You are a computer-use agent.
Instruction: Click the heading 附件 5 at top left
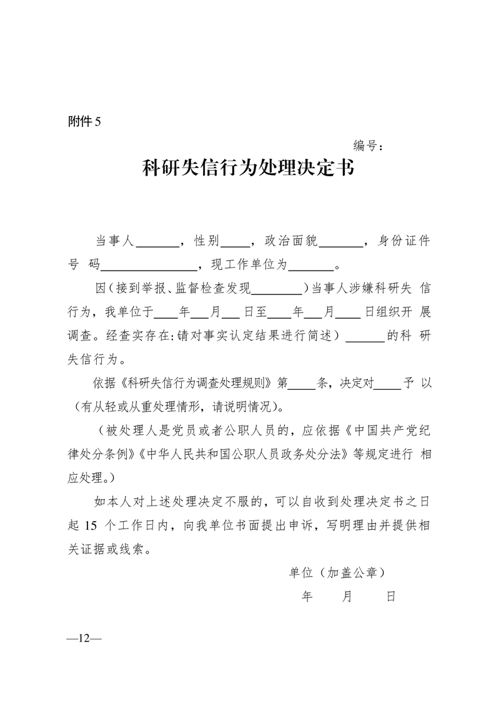click(84, 122)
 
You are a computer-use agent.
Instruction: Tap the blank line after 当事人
click(157, 244)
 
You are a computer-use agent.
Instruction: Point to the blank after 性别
click(236, 244)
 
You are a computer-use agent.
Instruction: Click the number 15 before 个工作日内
click(92, 525)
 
